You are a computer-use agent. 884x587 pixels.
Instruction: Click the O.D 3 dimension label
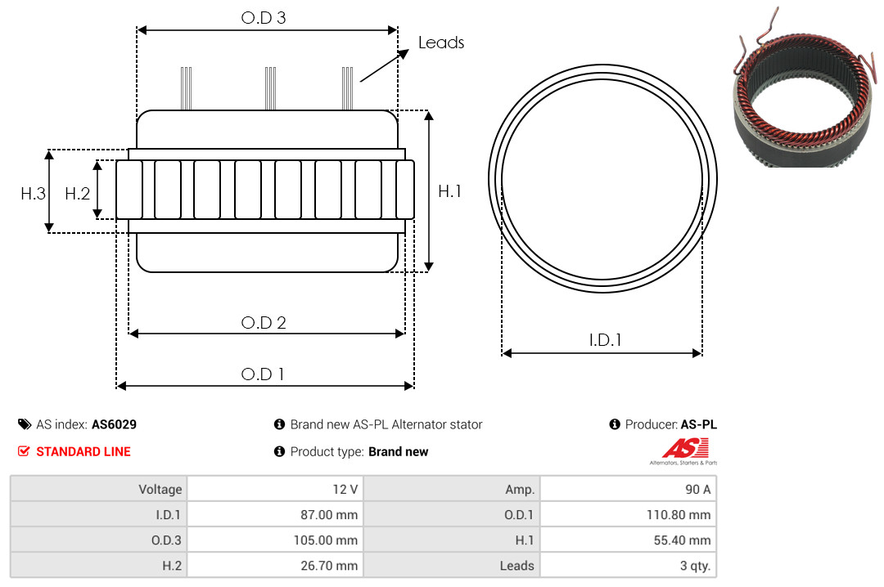(264, 18)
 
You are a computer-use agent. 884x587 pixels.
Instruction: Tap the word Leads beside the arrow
(441, 43)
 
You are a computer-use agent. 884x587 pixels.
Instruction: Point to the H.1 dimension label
(449, 191)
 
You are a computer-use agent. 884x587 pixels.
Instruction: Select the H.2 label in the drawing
(77, 194)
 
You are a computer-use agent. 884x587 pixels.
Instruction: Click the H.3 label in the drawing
(33, 194)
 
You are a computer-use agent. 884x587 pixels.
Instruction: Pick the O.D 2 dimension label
(264, 323)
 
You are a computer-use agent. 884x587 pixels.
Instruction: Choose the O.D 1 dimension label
(263, 374)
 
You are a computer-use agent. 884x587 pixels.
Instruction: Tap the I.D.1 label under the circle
(605, 340)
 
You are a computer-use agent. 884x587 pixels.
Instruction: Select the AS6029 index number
(114, 424)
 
